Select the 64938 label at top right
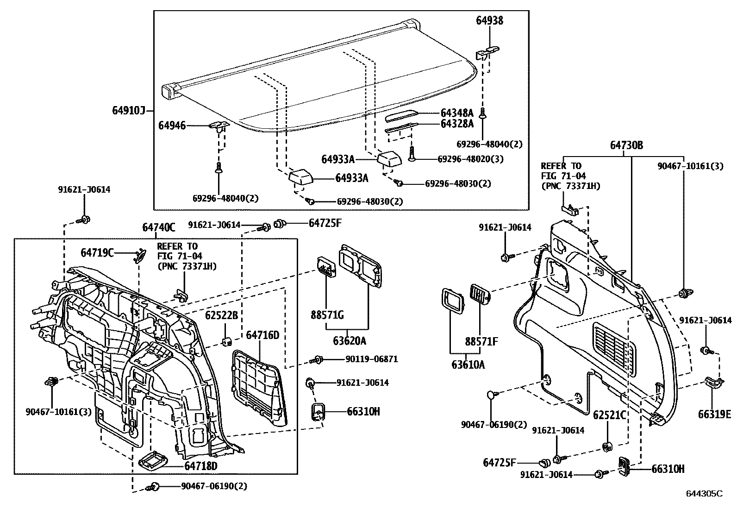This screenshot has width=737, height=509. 489,20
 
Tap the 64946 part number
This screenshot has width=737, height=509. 172,125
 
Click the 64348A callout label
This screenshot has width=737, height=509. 457,113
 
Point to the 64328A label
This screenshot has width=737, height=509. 457,124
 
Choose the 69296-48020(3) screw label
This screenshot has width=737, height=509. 470,159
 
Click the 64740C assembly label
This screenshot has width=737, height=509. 159,227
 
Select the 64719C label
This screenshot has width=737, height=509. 97,252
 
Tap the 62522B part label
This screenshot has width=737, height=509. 221,315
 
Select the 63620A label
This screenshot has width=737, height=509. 350,341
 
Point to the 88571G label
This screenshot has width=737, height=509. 327,315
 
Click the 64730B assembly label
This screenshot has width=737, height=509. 626,145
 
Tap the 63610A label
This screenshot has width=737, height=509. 468,364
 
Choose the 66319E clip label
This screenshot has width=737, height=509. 714,414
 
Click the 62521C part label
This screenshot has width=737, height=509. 609,415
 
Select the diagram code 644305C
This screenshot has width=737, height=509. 704,494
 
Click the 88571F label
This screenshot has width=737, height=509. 481,342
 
